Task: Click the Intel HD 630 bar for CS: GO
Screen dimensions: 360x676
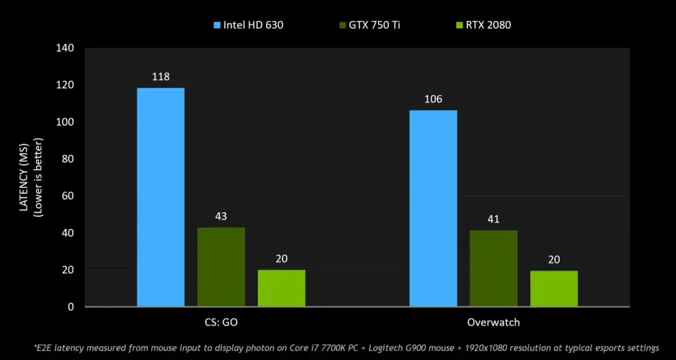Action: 161,197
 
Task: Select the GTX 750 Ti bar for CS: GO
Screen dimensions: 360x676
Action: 221,267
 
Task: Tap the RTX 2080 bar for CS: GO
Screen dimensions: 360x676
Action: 282,288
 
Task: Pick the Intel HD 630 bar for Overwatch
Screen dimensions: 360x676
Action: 433,209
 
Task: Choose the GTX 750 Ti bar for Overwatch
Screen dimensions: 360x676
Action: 494,268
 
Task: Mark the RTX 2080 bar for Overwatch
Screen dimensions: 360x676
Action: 554,289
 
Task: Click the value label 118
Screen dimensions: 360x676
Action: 161,76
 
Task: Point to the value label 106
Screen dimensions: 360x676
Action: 433,99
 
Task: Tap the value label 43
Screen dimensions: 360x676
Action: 221,216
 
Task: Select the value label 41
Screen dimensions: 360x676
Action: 494,219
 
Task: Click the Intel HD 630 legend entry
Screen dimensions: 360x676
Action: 249,25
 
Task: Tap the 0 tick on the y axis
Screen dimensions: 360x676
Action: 71,307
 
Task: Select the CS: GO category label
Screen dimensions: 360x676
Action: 221,323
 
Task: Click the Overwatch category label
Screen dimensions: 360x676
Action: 494,323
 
